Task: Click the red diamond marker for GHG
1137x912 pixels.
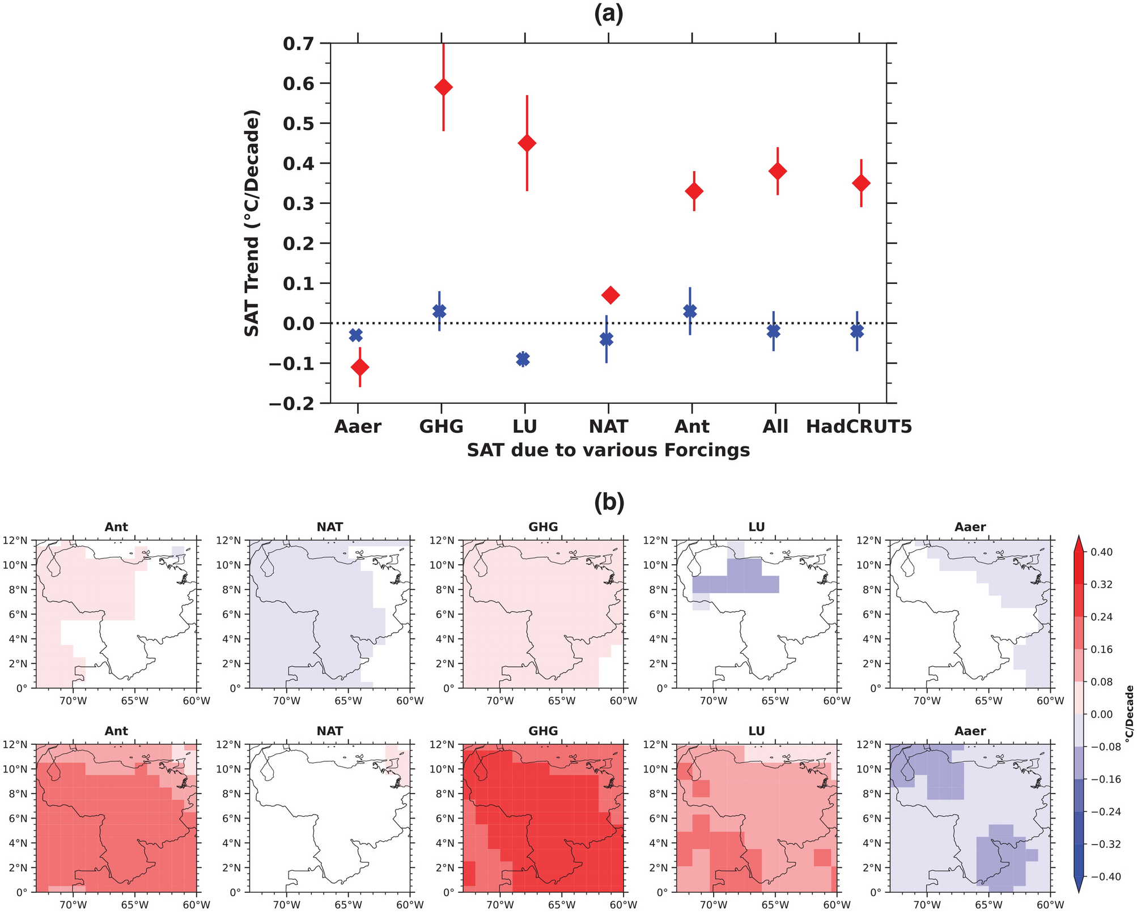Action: point(443,87)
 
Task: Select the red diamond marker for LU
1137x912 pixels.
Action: point(527,143)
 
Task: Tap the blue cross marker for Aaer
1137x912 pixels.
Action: point(356,335)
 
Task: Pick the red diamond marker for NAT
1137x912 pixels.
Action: point(610,295)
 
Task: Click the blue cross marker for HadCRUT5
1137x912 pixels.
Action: point(857,331)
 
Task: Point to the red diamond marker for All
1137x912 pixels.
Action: point(777,171)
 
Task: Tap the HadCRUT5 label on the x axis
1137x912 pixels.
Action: point(859,427)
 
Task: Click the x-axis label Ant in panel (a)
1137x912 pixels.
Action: point(692,427)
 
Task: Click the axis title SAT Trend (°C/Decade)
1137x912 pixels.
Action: point(252,223)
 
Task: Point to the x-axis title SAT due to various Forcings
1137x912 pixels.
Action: point(608,450)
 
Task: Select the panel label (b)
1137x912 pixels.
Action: point(609,502)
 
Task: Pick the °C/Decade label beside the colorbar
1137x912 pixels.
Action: point(1128,714)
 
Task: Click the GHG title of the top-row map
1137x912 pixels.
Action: point(543,527)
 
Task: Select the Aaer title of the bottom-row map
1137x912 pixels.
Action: point(970,731)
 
